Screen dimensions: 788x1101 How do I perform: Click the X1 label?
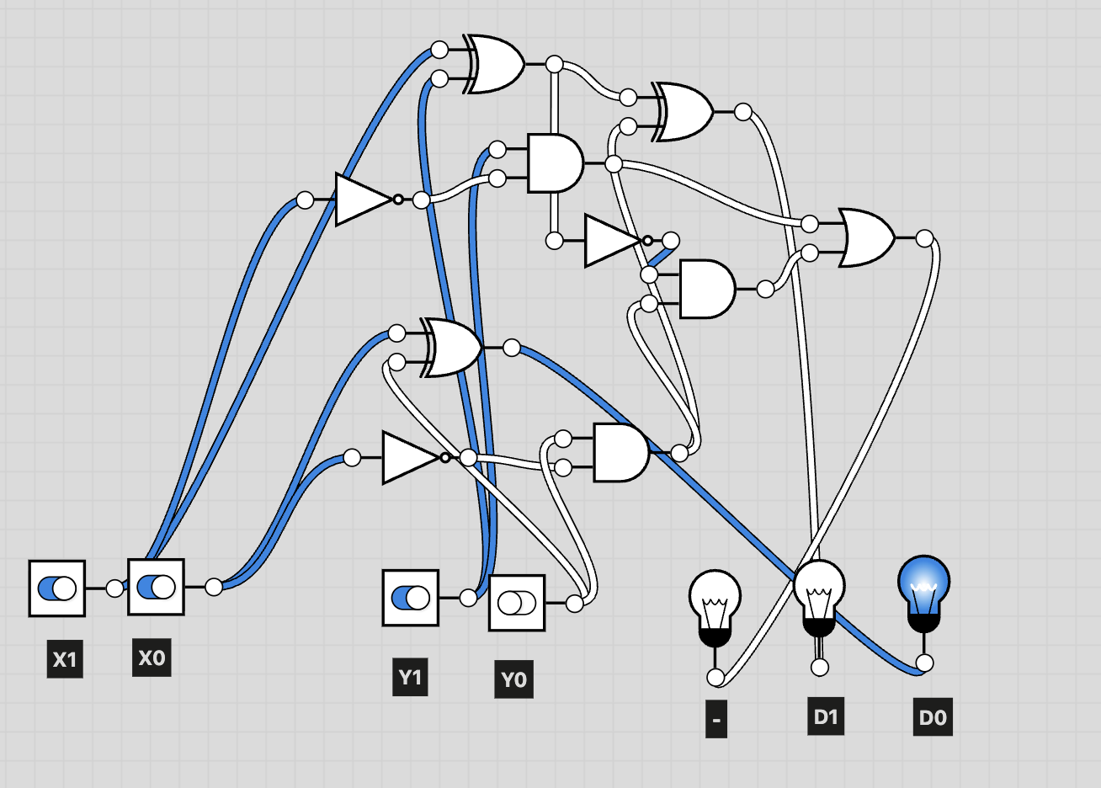tap(65, 659)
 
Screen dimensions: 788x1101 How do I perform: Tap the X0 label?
tap(152, 658)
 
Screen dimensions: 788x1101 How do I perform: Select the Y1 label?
tap(410, 678)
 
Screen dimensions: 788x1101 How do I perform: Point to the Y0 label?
tap(513, 679)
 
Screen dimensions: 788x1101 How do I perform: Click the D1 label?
tap(826, 716)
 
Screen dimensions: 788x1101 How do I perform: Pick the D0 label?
tap(932, 718)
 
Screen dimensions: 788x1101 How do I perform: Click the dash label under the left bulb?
tap(716, 720)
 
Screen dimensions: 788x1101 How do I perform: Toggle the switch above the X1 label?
tap(57, 588)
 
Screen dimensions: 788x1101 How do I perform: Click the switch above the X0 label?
tap(156, 587)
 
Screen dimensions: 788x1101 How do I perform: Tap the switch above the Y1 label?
tap(411, 599)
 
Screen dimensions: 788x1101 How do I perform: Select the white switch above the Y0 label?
tap(517, 603)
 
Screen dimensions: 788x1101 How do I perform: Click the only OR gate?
tap(867, 237)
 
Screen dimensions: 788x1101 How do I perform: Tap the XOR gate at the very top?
tap(496, 64)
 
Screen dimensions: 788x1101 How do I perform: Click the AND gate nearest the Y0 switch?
tap(620, 453)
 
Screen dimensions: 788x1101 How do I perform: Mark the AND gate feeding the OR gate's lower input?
tap(706, 289)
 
